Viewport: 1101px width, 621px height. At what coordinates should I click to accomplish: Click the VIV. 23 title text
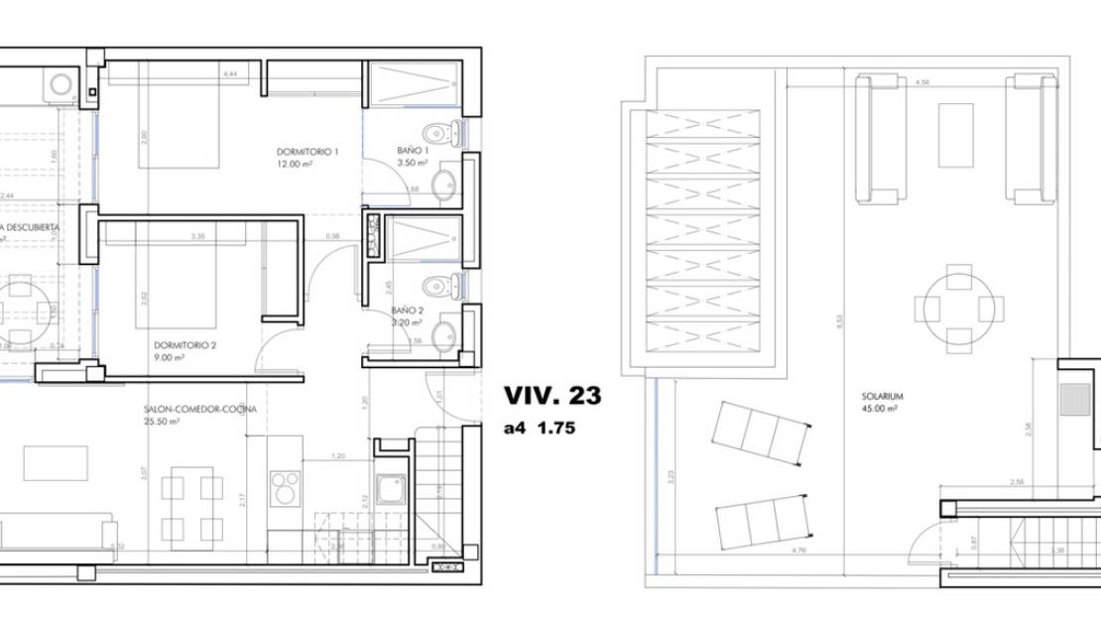[x=551, y=396]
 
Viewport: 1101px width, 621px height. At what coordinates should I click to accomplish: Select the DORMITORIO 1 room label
[x=307, y=152]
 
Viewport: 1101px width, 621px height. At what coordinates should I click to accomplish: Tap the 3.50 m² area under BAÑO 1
[x=411, y=163]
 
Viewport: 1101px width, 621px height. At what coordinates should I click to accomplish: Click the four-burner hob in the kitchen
[x=286, y=489]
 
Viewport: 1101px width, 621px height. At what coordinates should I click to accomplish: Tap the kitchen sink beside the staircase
[x=392, y=490]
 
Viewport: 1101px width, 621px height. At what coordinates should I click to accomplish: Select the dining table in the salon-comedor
[x=191, y=507]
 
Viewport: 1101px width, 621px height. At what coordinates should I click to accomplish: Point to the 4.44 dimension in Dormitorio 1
[x=231, y=74]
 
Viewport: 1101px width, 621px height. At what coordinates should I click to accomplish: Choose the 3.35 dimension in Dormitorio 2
[x=198, y=236]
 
